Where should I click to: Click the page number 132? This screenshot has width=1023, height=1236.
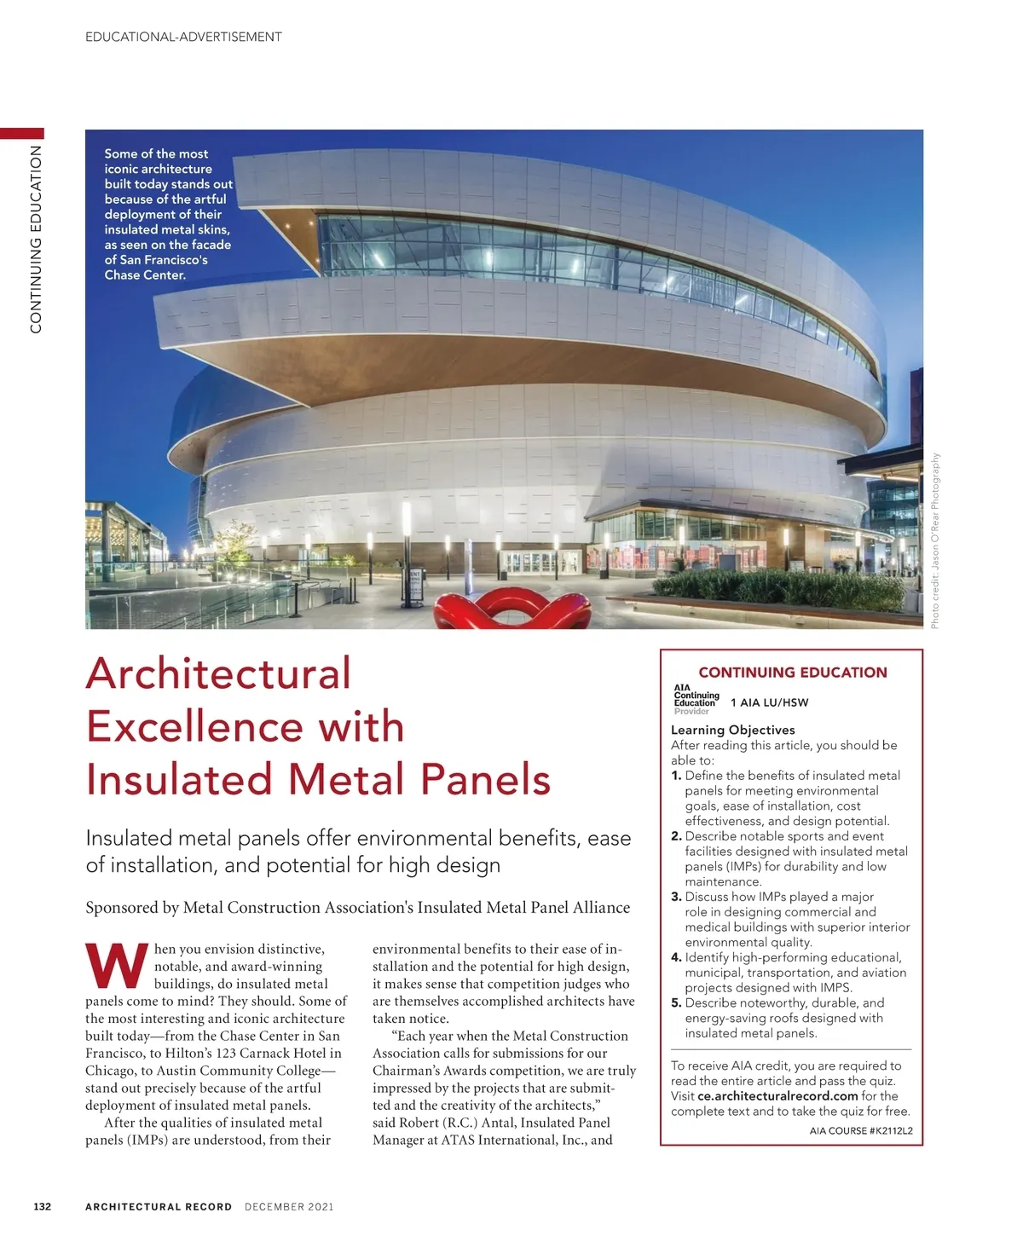pos(42,1206)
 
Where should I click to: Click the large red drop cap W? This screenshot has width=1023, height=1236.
pos(117,966)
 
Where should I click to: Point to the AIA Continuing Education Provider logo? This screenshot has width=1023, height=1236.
pos(696,699)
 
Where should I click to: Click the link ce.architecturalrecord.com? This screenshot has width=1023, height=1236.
pos(777,1096)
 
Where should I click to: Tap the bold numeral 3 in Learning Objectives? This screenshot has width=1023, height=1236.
pos(676,897)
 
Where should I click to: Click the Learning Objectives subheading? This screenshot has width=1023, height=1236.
pos(732,730)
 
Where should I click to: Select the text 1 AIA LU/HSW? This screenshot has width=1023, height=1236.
pos(769,702)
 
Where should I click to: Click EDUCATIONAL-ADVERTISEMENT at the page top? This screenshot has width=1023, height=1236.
pos(183,37)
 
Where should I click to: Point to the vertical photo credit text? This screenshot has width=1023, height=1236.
pos(935,540)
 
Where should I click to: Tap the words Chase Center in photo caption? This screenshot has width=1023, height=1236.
pos(144,275)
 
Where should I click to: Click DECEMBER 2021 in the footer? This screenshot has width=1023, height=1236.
pos(289,1206)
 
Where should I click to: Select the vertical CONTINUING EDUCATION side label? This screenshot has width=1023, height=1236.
pos(36,239)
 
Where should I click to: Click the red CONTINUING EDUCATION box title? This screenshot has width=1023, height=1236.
pos(792,673)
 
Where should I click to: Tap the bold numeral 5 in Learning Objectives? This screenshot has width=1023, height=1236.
pos(676,1003)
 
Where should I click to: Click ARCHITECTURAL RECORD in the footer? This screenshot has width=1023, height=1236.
pos(159,1206)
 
